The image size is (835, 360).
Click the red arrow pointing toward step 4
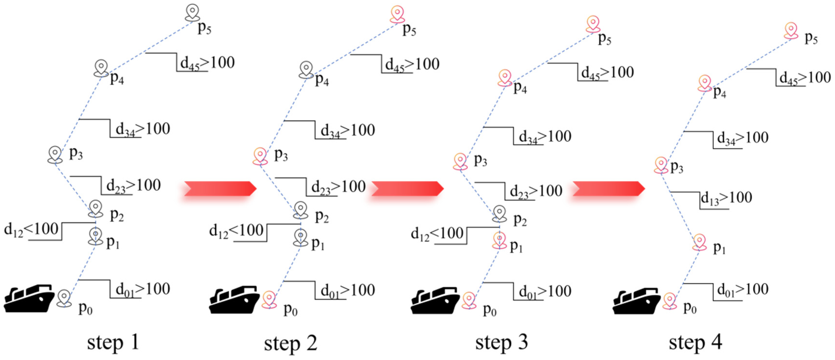click(608, 188)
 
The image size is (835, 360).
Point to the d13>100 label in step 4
click(726, 198)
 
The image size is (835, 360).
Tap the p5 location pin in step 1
click(193, 12)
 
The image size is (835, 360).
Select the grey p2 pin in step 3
click(499, 214)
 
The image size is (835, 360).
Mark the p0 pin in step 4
click(670, 301)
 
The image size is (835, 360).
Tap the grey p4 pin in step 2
click(306, 70)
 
